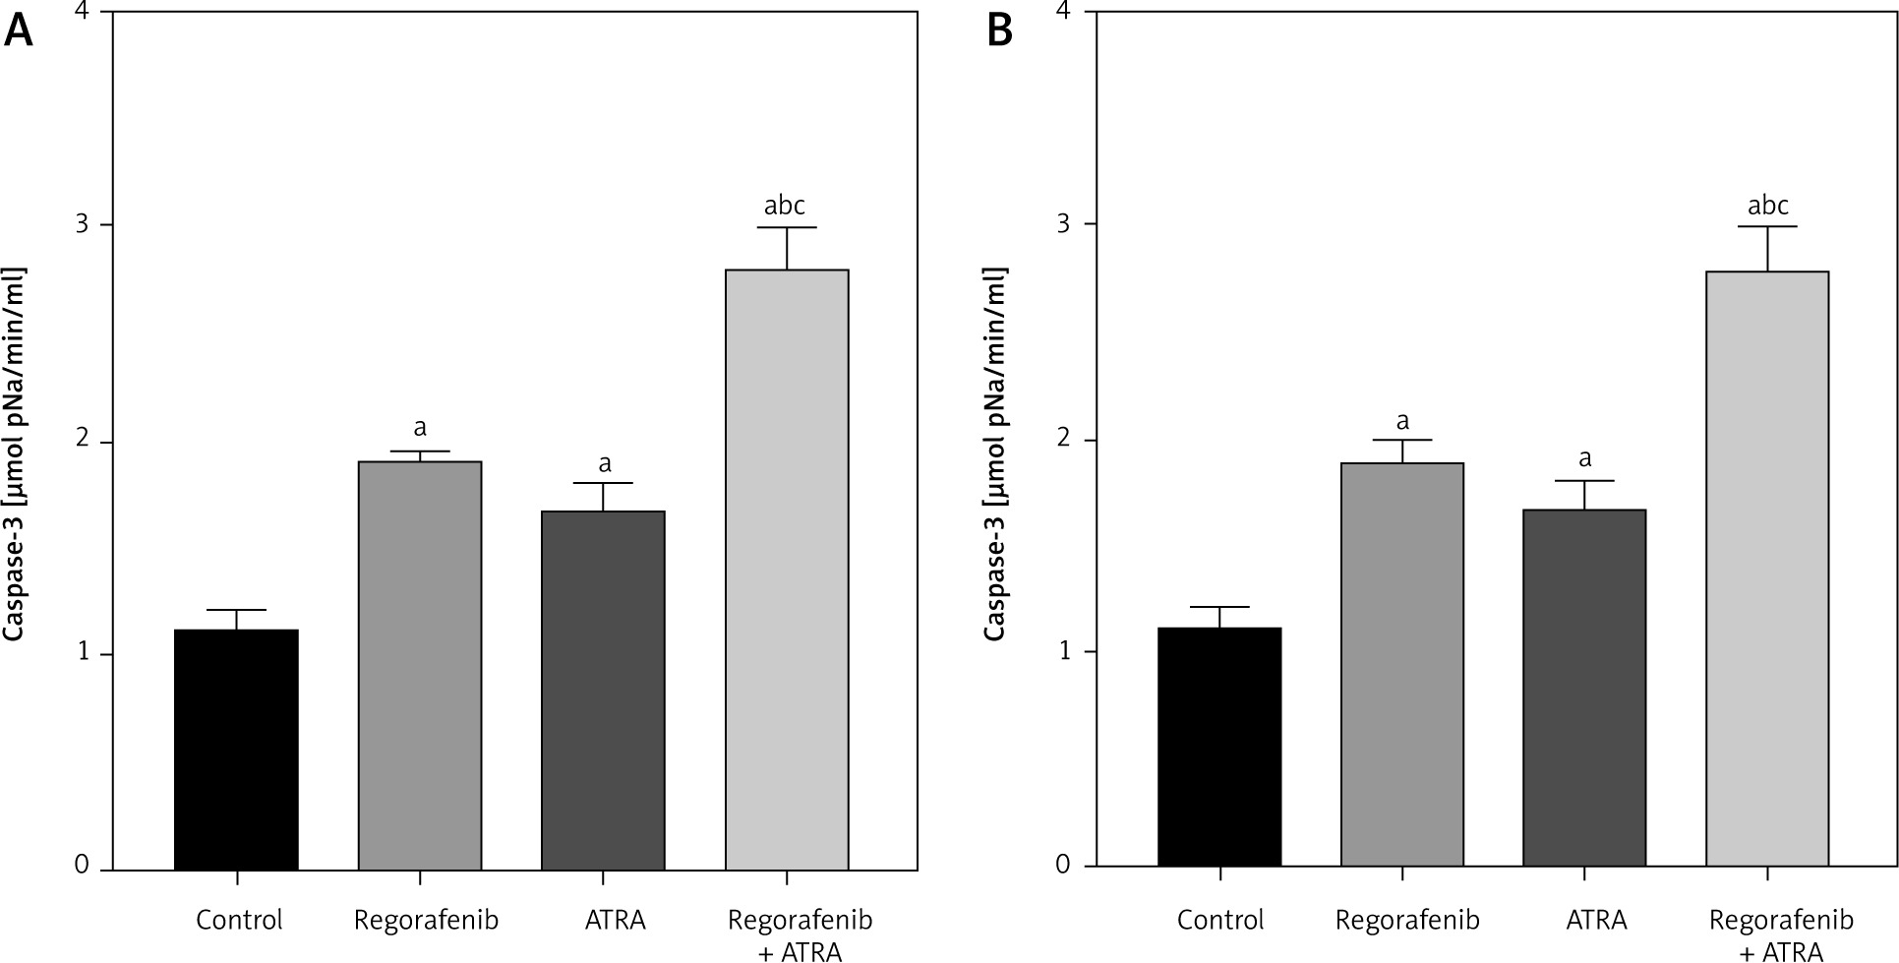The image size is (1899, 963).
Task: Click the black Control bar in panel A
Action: click(x=236, y=750)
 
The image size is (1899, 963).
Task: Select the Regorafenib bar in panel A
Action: click(x=420, y=666)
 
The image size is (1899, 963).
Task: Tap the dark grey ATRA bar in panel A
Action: click(x=603, y=691)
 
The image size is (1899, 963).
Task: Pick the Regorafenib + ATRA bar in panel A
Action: click(x=787, y=570)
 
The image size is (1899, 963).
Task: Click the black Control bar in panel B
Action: click(x=1219, y=748)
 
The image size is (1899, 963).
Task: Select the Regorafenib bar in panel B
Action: click(x=1402, y=665)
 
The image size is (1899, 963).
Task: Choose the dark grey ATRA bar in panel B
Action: click(x=1584, y=689)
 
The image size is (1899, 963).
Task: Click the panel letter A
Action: click(x=19, y=32)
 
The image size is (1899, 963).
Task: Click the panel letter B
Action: click(x=999, y=32)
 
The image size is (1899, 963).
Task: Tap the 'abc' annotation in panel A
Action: click(x=785, y=206)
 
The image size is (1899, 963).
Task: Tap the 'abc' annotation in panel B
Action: click(x=1767, y=206)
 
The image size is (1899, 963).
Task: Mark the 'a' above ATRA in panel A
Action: click(x=605, y=463)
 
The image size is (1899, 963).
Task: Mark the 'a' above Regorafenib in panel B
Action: click(x=1402, y=422)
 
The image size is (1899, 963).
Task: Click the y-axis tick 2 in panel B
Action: click(x=1063, y=441)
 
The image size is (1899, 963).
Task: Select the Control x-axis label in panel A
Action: click(x=239, y=921)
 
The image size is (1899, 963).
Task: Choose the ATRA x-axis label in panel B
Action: click(x=1596, y=921)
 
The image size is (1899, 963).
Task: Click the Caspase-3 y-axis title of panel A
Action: click(x=15, y=453)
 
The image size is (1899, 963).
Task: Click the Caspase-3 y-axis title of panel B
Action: click(x=995, y=453)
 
